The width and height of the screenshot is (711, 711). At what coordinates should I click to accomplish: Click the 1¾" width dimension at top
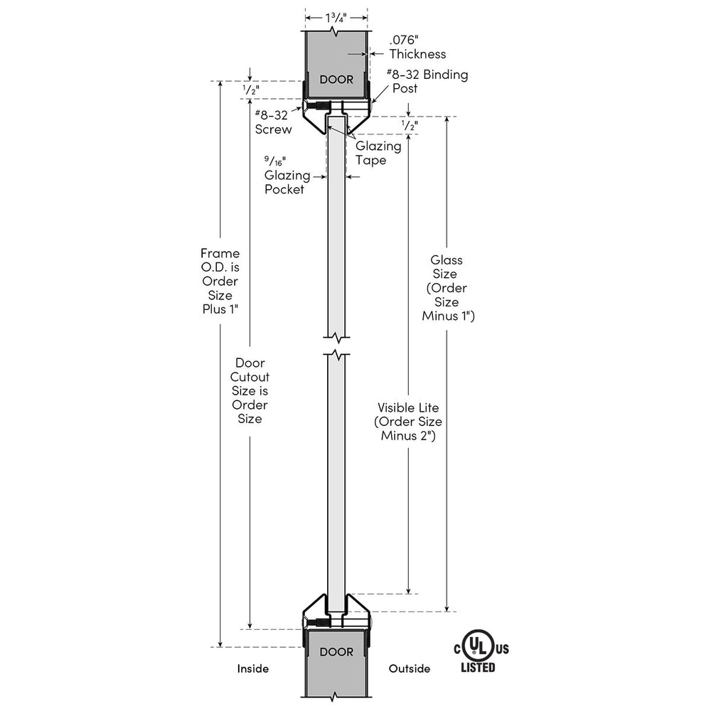336,18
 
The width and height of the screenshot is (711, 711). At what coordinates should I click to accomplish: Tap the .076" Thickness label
417,47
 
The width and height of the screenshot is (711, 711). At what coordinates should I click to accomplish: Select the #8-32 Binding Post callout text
427,81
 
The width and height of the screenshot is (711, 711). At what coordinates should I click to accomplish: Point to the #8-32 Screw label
273,122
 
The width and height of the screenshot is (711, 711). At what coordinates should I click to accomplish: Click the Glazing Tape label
378,153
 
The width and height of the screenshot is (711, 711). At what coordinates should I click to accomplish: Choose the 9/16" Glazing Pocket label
287,175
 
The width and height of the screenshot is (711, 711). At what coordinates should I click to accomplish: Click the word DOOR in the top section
336,80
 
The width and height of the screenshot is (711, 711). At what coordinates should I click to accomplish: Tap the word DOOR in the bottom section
336,652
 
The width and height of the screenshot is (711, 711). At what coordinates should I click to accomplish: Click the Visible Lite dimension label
408,421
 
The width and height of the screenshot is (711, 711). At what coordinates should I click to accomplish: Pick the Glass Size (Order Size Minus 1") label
447,287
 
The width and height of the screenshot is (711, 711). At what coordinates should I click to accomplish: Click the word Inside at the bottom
253,668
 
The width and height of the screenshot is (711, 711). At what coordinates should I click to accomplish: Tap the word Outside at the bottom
410,668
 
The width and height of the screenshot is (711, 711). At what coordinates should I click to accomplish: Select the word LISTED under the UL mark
478,668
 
